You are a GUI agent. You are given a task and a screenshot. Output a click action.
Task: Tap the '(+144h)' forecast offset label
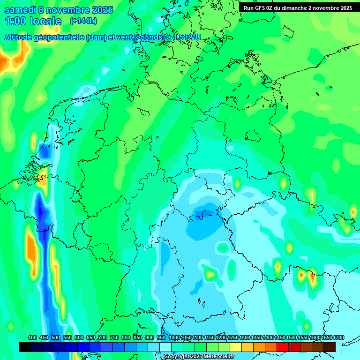click(x=83, y=21)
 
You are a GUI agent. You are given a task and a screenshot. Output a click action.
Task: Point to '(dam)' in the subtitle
click(x=97, y=37)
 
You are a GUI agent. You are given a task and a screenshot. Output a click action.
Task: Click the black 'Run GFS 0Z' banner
click(x=298, y=8)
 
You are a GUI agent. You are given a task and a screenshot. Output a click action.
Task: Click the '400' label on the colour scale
click(x=32, y=337)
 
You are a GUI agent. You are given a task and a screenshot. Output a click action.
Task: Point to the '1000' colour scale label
click(x=174, y=337)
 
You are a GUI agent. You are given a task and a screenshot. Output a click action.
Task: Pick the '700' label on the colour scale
click(x=103, y=337)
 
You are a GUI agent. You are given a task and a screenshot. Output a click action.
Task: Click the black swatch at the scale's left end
click(x=25, y=347)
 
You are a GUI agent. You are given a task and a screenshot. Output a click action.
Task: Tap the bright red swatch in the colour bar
click(x=283, y=347)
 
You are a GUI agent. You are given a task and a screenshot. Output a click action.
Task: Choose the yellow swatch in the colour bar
click(x=236, y=347)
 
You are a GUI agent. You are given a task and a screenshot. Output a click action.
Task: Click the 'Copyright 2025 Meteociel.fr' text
click(x=199, y=357)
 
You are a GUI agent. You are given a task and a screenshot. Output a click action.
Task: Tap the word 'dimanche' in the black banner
click(x=292, y=8)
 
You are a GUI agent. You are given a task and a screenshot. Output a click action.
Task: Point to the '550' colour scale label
click(x=67, y=337)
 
